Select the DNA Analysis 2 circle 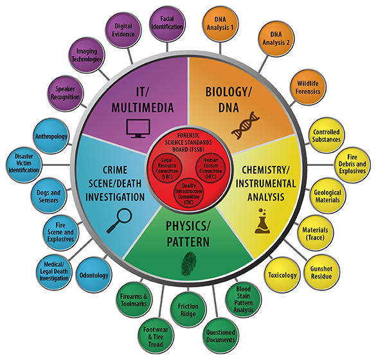coord(276,39)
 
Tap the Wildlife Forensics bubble coord(308,87)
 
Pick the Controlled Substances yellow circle coord(327,135)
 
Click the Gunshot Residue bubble coord(321,272)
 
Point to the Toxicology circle coord(282,275)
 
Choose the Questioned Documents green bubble coord(220,336)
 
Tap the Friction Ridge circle coord(188,309)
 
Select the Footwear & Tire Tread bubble coord(156,336)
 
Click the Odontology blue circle coord(94,275)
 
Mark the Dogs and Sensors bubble coord(49,196)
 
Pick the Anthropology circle coord(51,136)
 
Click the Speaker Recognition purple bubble coord(65,93)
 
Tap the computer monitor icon coord(138,129)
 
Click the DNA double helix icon coord(246,125)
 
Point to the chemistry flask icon coord(262,221)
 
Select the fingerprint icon coord(189,264)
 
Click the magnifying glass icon coord(120,221)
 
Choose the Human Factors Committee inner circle coord(211,168)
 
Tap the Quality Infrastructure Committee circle coord(188,194)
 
